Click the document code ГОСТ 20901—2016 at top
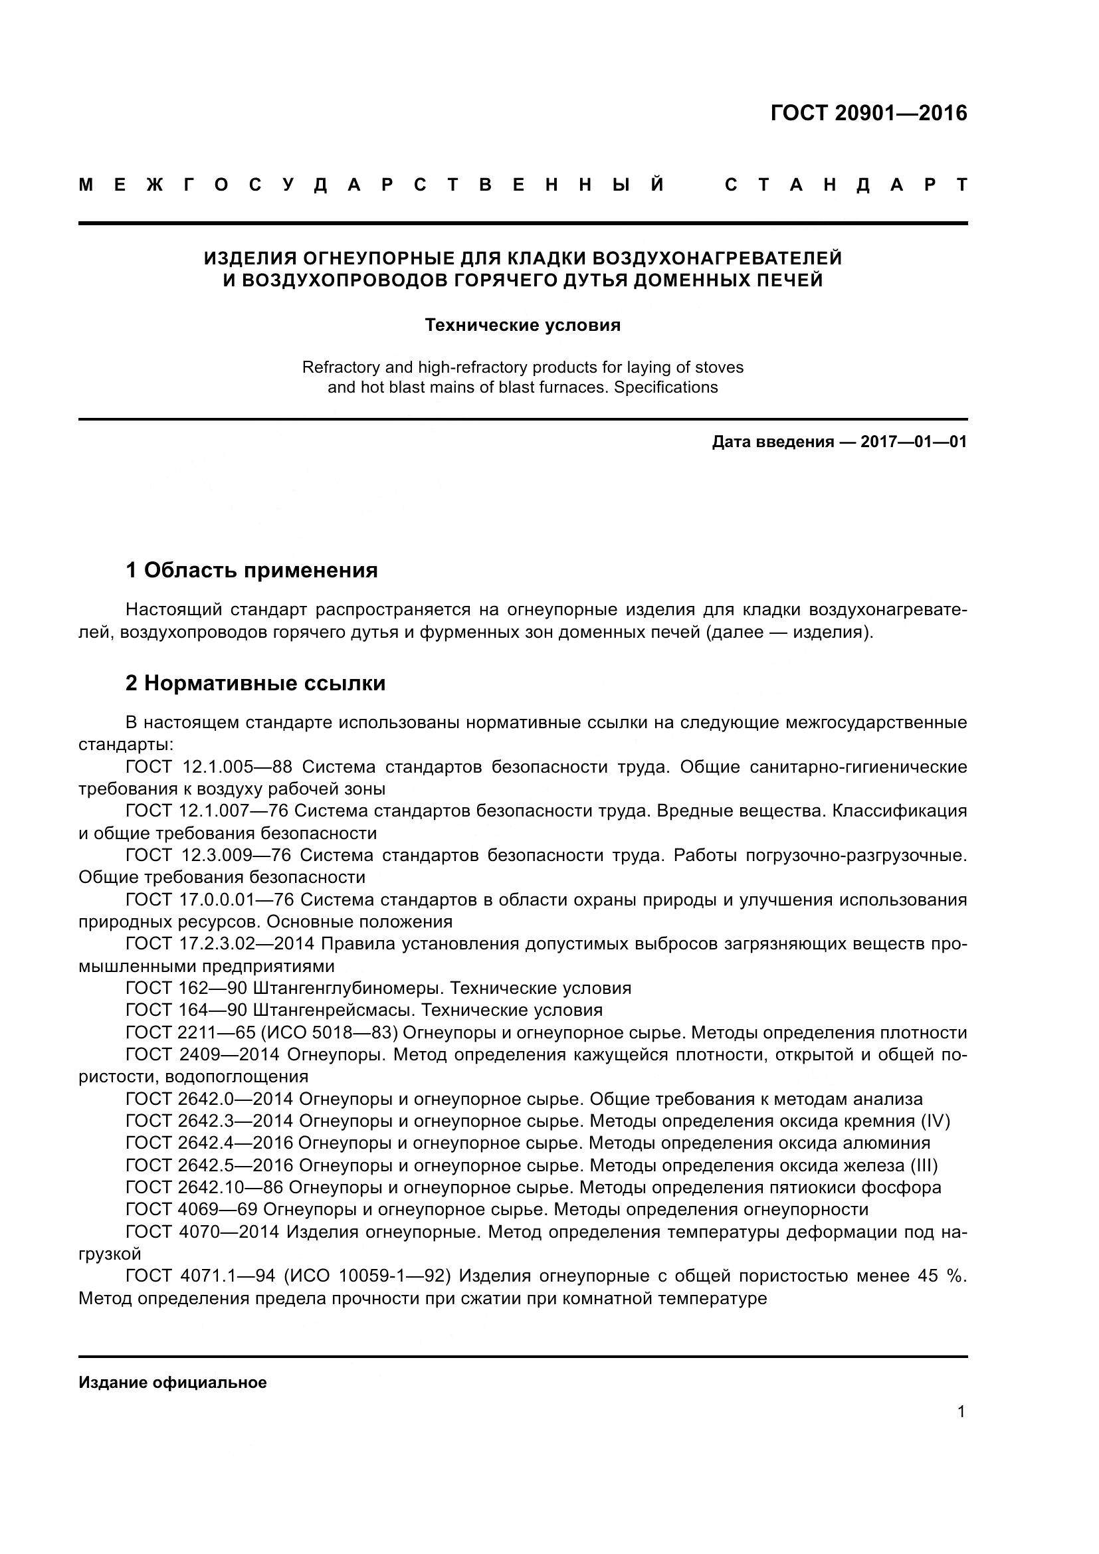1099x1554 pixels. click(868, 113)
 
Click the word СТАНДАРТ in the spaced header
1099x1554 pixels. click(845, 185)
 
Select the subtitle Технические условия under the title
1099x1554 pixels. click(522, 325)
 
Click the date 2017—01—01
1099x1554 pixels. click(914, 442)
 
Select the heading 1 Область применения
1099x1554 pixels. click(252, 571)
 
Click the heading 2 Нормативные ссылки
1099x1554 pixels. click(255, 684)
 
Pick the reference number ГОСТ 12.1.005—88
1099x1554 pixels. click(209, 767)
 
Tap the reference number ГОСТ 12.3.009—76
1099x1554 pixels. click(208, 856)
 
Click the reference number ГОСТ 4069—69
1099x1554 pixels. click(191, 1209)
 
